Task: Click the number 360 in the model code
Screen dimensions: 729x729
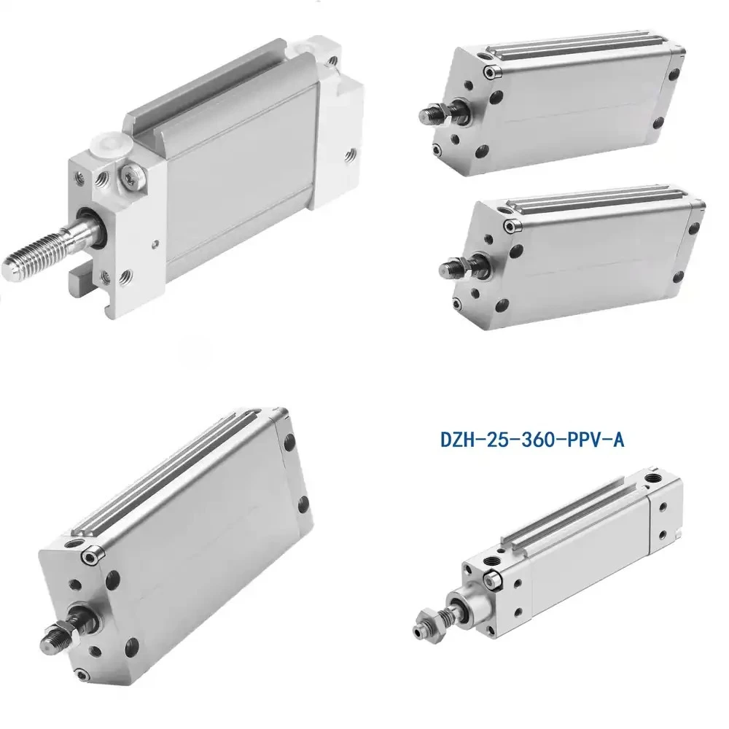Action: click(x=533, y=440)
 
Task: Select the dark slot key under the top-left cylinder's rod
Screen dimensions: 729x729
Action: click(x=79, y=281)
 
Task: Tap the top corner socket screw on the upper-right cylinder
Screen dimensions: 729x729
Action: click(x=490, y=72)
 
